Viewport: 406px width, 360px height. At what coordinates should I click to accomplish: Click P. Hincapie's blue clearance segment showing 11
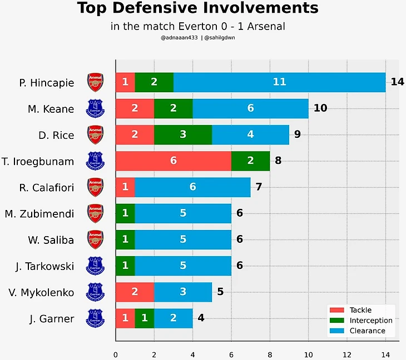pos(279,82)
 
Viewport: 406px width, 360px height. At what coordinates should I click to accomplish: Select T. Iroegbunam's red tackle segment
pos(173,161)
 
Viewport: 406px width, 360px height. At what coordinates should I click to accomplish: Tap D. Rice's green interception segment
pos(182,134)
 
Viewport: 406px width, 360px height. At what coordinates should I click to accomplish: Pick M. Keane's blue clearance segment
pos(250,108)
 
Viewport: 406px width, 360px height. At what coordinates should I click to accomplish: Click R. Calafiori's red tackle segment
pos(125,187)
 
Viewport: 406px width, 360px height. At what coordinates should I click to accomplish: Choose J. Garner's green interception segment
pos(144,319)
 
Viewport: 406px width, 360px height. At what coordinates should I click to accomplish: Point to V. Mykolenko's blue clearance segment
pos(182,292)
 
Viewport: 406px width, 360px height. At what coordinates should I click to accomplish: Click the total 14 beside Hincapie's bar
pos(397,82)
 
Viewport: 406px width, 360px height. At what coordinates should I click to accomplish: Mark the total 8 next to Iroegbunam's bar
pos(278,161)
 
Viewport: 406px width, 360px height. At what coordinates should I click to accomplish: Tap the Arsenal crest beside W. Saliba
pos(96,239)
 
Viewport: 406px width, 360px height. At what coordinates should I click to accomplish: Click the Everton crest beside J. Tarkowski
pos(96,266)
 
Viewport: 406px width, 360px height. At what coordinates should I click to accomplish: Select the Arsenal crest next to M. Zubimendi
pos(96,213)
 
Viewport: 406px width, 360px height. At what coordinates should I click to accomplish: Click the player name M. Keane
pos(51,109)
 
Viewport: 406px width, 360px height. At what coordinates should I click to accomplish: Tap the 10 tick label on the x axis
pos(308,354)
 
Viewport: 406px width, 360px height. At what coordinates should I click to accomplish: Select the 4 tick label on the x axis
pos(192,354)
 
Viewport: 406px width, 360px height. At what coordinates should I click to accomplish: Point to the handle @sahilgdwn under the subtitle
pos(221,38)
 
